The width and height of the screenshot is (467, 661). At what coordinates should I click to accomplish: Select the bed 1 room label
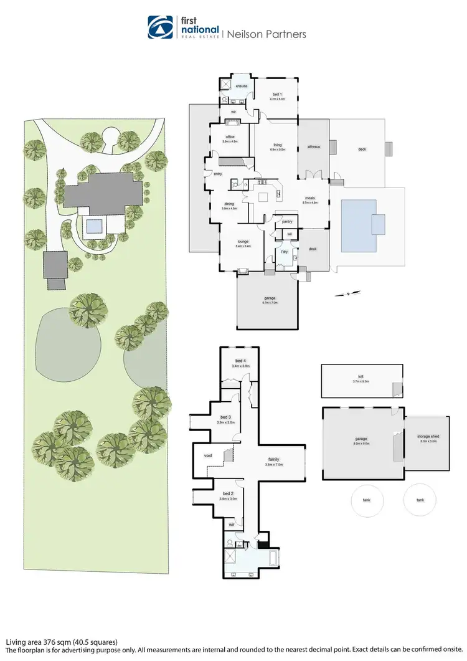277,94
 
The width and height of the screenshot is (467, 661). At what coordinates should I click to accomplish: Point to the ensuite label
242,85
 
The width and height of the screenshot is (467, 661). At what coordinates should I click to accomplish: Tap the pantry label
287,221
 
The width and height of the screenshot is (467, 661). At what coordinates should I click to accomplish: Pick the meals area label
309,198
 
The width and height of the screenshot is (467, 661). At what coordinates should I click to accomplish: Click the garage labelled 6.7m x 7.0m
268,298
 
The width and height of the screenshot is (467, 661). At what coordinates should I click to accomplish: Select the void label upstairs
208,455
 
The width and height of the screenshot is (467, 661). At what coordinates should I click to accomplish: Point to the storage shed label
428,437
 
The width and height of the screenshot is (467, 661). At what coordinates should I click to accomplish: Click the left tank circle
367,500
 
